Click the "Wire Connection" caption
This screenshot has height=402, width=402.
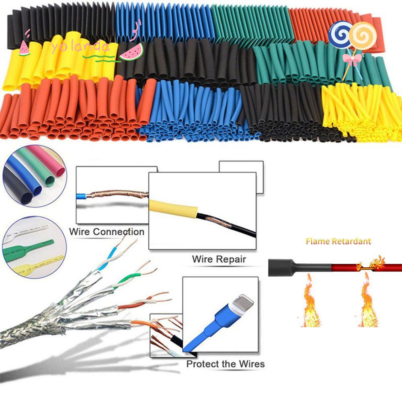107,232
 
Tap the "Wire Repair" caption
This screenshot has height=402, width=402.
219,259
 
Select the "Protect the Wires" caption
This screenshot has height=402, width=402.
226,364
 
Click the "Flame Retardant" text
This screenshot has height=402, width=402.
338,241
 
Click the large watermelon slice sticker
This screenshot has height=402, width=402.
132,51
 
